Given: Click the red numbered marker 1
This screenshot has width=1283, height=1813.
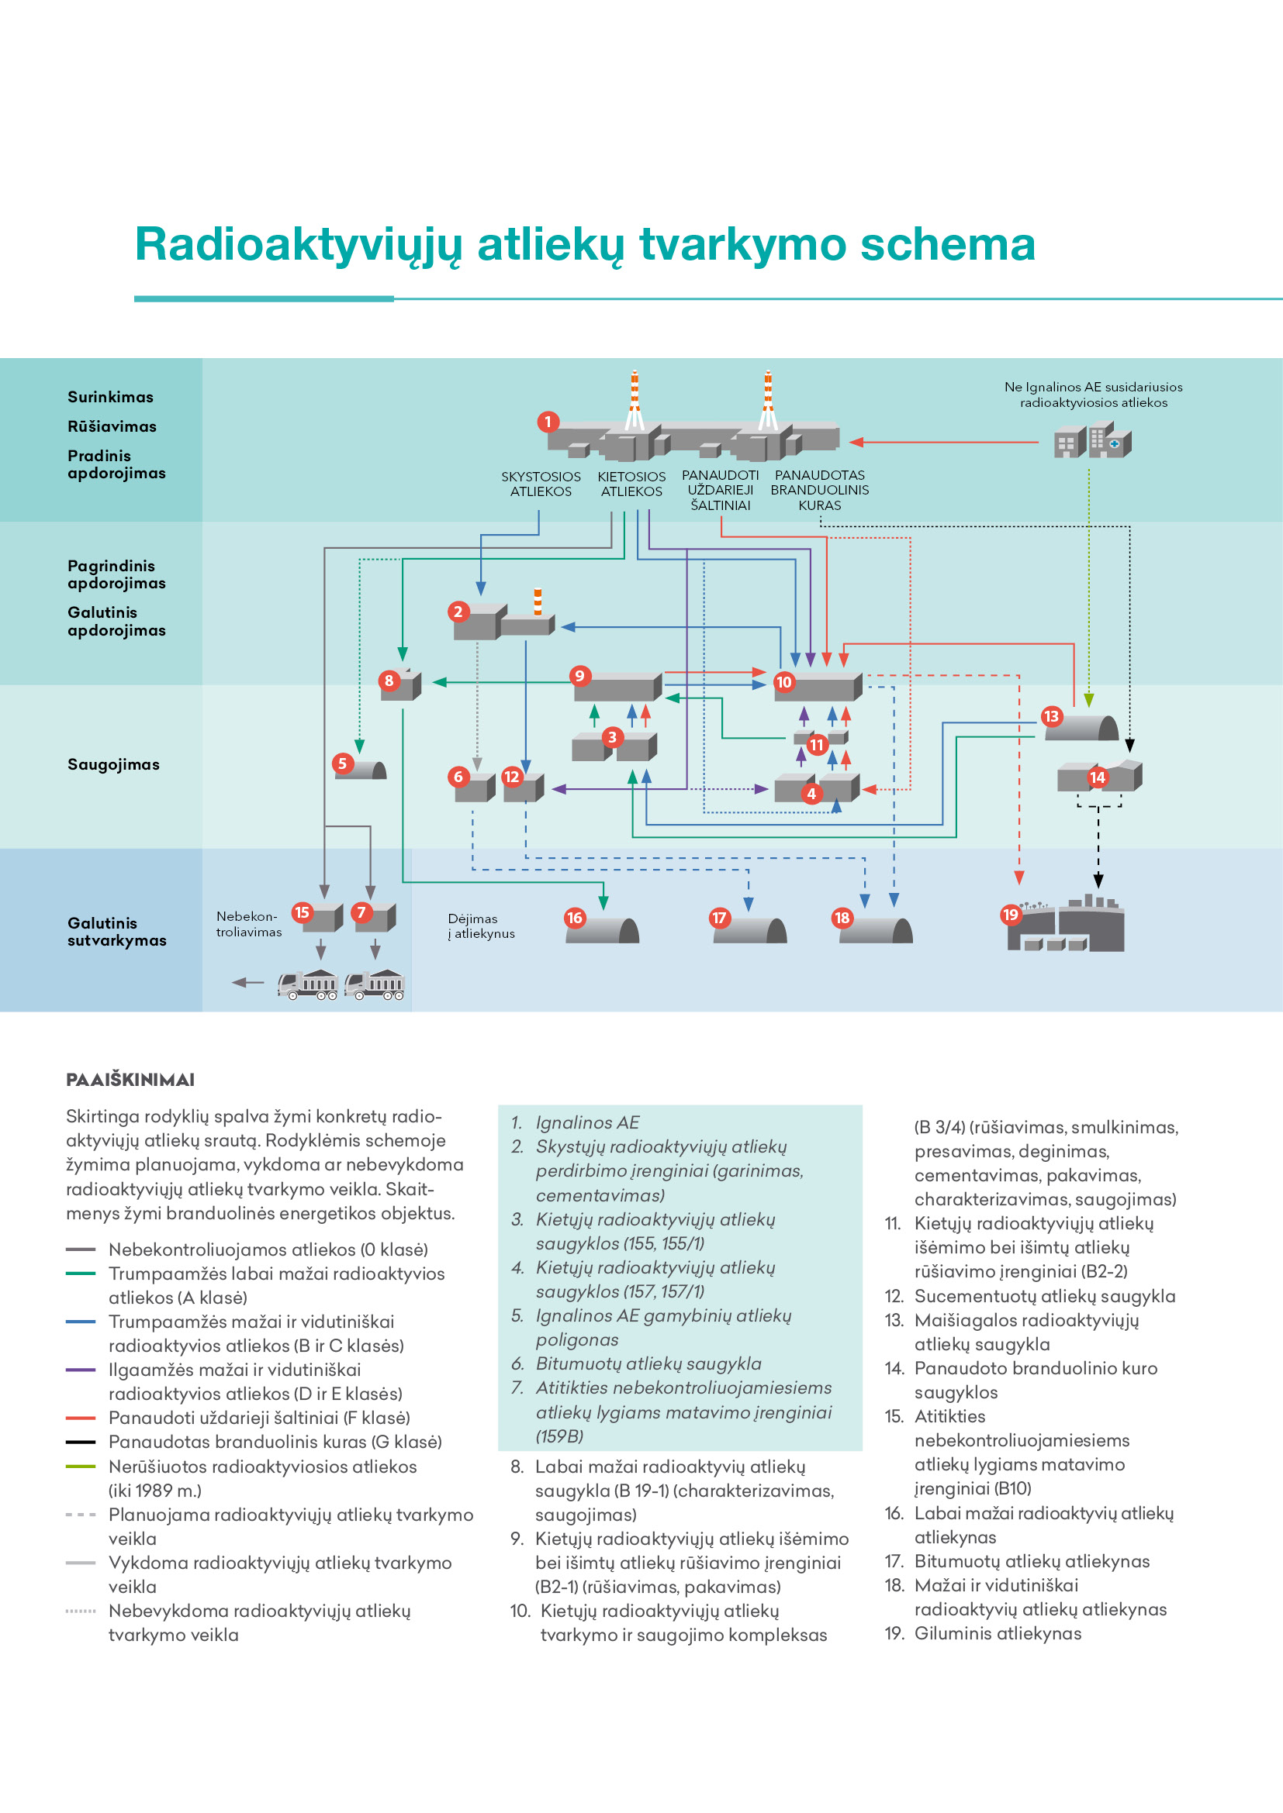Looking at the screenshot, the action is pos(548,422).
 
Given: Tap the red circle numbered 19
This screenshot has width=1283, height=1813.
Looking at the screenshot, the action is pos(1011,915).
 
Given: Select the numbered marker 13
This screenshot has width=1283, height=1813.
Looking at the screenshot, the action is pos(1051,716).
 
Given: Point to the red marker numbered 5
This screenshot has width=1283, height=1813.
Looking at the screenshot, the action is pos(342,763).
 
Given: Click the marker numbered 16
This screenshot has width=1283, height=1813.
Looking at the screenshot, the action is pos(574,918).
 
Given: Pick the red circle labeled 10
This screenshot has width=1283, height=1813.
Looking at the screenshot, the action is pos(783,681).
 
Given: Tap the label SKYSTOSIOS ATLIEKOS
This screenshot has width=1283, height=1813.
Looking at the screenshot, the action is pos(541,484).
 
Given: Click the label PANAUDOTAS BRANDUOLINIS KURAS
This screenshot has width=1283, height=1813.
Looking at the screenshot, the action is pos(819,491).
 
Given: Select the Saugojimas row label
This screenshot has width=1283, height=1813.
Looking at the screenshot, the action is pos(114,764).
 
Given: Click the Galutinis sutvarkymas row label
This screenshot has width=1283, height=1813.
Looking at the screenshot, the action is pos(117,932).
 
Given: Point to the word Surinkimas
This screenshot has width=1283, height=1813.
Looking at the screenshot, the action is pos(111,397).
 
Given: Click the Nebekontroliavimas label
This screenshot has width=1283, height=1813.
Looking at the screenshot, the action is pos(249,924).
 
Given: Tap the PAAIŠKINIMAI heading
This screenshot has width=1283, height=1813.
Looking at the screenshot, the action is pos(130,1080).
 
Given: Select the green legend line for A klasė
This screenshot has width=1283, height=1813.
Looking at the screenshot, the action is pos(81,1273).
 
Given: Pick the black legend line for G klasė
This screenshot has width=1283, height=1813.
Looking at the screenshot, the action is pos(81,1442).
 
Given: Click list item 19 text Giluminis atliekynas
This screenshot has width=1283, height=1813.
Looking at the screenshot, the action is pos(998,1633).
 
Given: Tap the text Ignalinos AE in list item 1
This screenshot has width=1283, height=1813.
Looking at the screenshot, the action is pos(588,1122).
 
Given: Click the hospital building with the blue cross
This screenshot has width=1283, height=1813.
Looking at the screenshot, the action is pos(1110,439).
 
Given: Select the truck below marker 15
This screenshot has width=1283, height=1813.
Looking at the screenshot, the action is pos(308,984).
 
